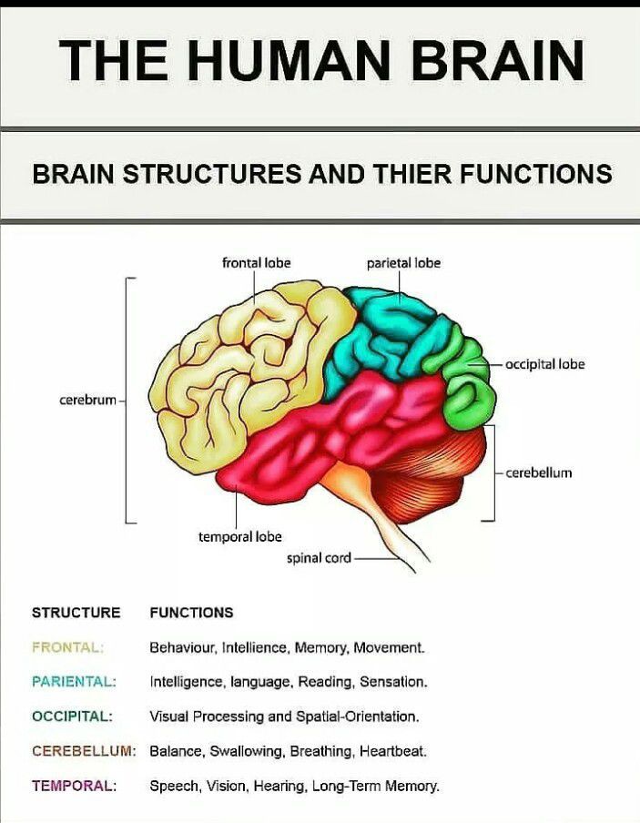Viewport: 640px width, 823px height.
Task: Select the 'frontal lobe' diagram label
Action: coord(256,263)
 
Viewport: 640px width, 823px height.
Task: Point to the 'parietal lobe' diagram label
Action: coord(403,263)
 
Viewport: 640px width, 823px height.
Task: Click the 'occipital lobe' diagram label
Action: coord(546,364)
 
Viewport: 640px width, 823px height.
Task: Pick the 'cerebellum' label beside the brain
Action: coord(539,473)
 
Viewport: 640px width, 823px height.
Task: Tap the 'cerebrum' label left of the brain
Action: coord(88,401)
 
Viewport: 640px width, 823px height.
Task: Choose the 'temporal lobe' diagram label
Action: coord(240,537)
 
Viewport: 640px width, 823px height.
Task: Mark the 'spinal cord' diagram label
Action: coord(319,558)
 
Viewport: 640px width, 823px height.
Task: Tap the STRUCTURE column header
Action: coord(76,613)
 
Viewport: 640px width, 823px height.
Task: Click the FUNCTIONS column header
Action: coord(191,613)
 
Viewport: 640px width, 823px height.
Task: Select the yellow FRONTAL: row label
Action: coord(68,648)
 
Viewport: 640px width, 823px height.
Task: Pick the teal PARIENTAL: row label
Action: coord(74,682)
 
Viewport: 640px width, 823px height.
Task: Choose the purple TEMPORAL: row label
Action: coord(74,786)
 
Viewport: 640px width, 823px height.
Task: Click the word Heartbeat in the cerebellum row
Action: coord(393,752)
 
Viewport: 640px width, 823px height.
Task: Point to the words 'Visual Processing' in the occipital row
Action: coord(208,716)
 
